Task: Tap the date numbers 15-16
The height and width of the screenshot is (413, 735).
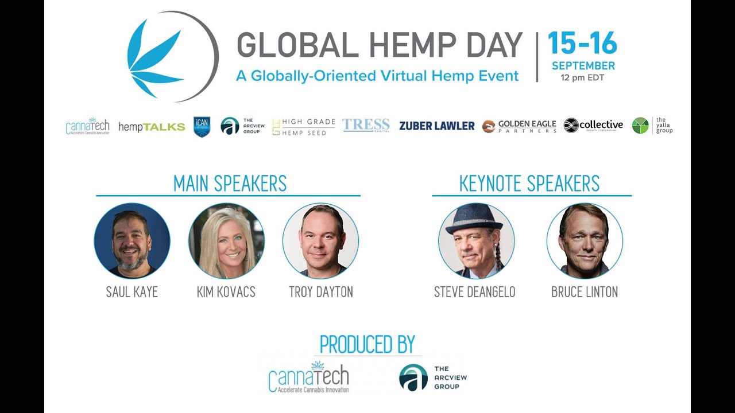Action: [x=582, y=44]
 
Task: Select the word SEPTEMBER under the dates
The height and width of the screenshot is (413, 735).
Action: [x=583, y=66]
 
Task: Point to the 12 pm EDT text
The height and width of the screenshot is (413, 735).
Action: [x=583, y=78]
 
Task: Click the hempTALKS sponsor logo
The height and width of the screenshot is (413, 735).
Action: [x=152, y=127]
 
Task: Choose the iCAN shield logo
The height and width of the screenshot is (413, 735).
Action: [x=202, y=127]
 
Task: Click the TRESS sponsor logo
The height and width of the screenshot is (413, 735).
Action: [x=366, y=125]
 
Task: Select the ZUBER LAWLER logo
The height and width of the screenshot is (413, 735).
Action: [x=437, y=126]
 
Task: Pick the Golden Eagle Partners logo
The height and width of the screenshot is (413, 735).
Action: [x=519, y=126]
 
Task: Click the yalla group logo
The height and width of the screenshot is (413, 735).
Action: [x=652, y=126]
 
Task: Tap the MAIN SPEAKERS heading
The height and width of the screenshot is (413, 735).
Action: [x=230, y=184]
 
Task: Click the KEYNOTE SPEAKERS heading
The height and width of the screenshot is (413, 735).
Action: [x=529, y=184]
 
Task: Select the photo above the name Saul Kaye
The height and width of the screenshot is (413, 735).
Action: [x=132, y=240]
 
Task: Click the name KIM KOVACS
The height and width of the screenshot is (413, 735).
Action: [x=226, y=292]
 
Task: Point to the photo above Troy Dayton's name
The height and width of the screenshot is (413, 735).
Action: [x=320, y=240]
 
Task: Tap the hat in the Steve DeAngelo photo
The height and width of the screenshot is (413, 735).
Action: [x=474, y=219]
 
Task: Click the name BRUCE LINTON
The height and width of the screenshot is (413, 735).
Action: [x=585, y=292]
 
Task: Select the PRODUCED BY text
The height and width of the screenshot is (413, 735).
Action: [x=367, y=344]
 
